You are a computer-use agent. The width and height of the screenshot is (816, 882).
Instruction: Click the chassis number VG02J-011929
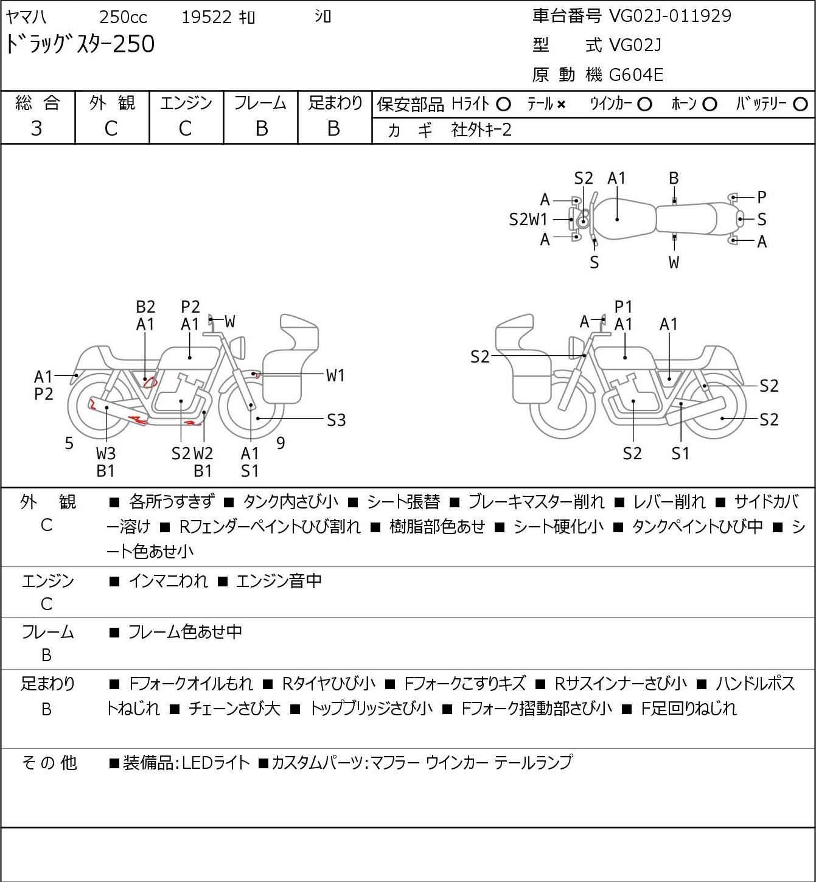pos(670,16)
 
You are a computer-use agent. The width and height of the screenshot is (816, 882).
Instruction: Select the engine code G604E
pos(636,75)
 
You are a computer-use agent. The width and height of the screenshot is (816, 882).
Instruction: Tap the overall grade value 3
pos(37,128)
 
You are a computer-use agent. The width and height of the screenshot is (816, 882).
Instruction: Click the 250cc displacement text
pos(123,17)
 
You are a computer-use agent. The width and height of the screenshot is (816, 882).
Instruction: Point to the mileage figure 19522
pos(207,17)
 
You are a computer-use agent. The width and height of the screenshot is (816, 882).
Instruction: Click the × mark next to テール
pos(561,105)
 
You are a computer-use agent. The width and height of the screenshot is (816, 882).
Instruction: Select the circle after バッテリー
pos(801,105)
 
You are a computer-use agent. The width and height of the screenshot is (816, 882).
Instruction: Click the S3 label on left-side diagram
pos(336,420)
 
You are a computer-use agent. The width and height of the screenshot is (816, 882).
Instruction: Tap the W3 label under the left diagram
pos(106,453)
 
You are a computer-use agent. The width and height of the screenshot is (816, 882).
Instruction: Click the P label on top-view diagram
pos(761,197)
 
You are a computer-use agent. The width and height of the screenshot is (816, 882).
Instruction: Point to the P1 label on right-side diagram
pos(624,307)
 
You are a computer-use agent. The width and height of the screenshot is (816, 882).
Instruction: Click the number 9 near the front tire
pos(281,443)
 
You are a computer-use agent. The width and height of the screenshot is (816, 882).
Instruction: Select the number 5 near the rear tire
pos(69,443)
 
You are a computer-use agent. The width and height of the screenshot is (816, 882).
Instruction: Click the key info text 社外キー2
pos(481,130)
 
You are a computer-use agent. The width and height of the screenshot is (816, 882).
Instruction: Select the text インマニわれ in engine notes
pos(169,582)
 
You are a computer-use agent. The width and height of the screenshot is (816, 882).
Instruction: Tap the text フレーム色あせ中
pos(185,633)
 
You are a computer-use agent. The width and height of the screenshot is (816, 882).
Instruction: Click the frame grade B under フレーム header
pos(261,128)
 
